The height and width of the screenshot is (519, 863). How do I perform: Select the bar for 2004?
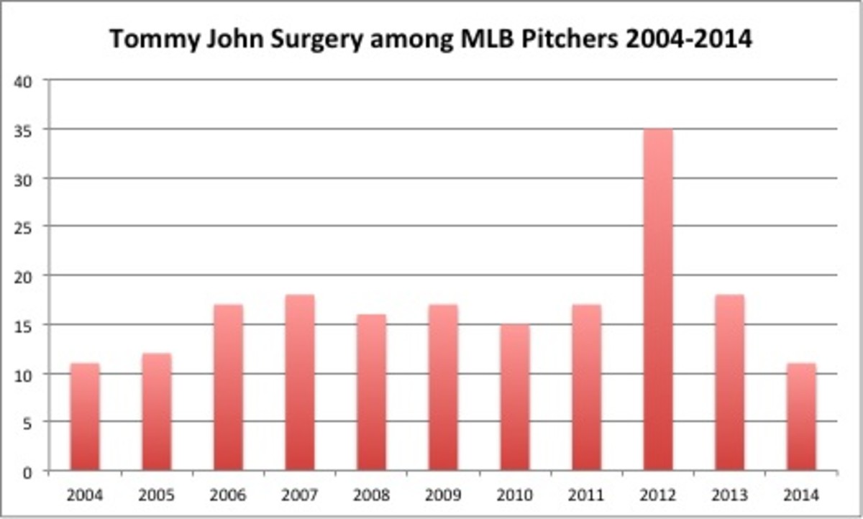click(85, 418)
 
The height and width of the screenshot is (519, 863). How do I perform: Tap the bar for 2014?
click(801, 418)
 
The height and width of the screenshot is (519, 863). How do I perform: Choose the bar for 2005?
click(157, 413)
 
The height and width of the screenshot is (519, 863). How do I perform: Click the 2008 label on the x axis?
click(372, 495)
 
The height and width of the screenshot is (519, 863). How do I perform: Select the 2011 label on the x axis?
click(587, 495)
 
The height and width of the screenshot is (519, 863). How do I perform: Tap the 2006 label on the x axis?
click(228, 495)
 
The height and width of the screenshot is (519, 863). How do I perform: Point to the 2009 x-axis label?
click(443, 495)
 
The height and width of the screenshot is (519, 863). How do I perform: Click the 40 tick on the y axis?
click(27, 81)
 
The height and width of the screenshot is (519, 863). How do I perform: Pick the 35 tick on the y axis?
click(27, 129)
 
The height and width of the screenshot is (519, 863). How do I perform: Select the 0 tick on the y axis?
click(30, 472)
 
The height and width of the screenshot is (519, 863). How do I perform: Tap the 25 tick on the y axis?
click(27, 227)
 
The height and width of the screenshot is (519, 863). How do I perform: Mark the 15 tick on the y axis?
click(27, 325)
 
